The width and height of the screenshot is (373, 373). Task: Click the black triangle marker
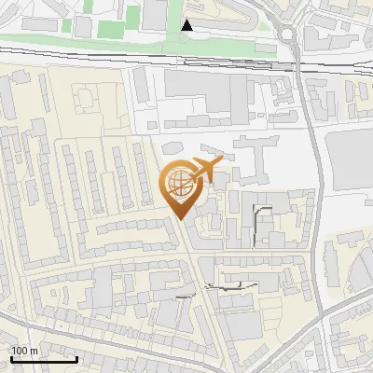click(187, 25)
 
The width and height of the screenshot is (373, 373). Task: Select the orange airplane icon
click(203, 172)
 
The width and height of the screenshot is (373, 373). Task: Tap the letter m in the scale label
click(34, 351)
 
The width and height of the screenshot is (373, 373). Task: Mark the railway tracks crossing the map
click(140, 61)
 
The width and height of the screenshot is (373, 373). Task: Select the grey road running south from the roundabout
click(309, 140)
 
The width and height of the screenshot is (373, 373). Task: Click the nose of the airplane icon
click(222, 164)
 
